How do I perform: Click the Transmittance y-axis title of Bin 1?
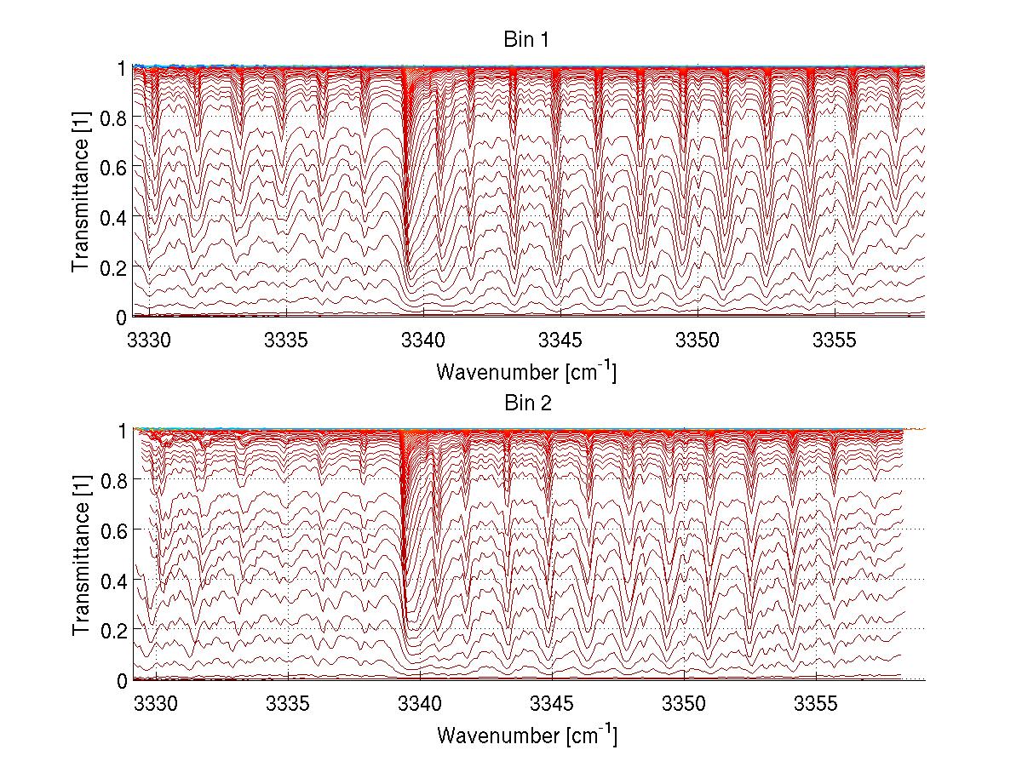(82, 192)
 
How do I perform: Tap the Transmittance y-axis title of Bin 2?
(82, 556)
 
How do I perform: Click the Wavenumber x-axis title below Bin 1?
(526, 372)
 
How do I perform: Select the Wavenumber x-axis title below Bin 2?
(526, 735)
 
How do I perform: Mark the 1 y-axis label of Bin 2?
(123, 431)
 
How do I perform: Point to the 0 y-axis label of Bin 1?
(123, 318)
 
